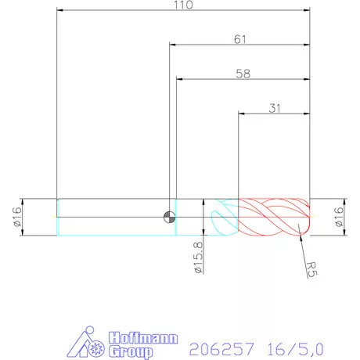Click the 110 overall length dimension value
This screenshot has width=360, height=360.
coord(185,5)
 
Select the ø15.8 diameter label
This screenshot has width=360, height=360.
coord(198,257)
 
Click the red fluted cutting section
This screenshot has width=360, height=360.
coord(274,217)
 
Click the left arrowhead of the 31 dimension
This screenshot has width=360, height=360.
coord(241,113)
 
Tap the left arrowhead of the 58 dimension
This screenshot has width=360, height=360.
coord(179,79)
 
